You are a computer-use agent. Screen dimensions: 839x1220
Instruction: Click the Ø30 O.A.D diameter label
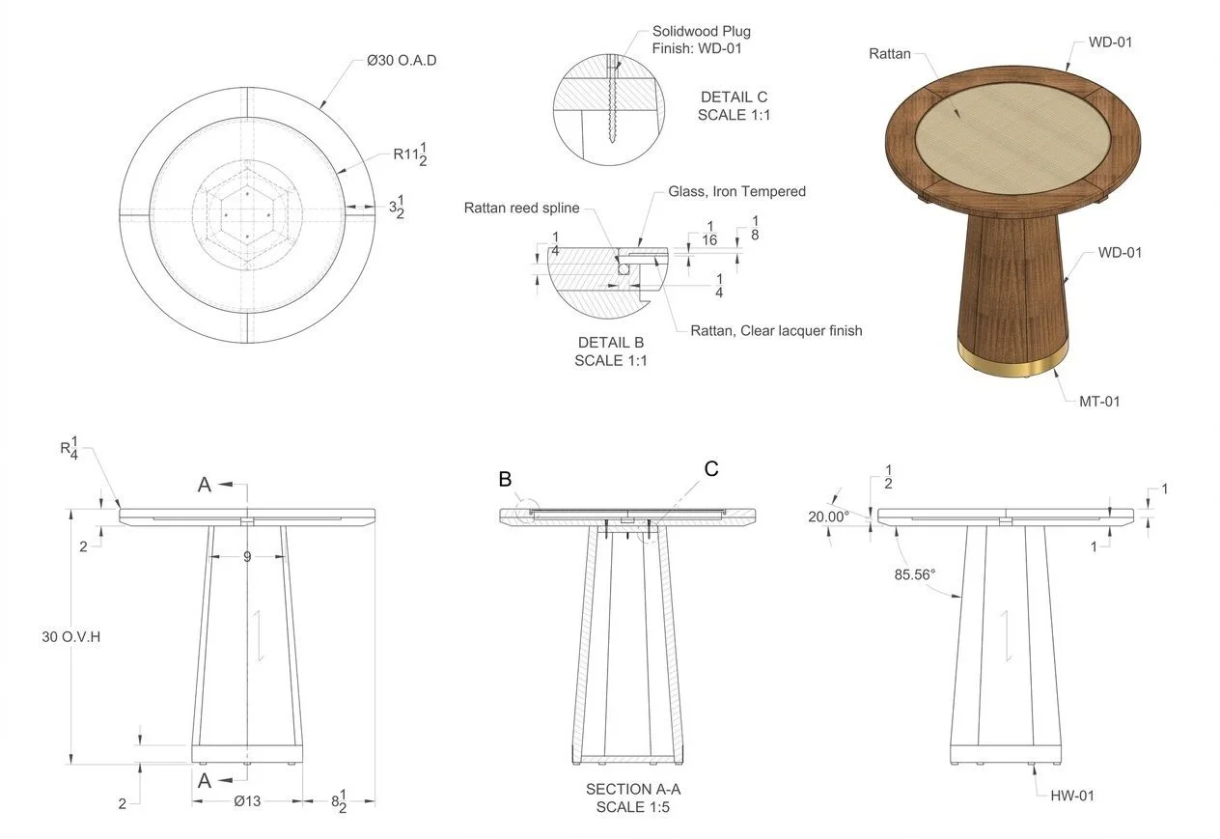tap(402, 61)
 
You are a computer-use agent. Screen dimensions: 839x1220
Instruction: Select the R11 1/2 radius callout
tap(414, 154)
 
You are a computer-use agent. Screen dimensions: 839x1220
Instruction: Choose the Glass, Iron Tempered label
tap(736, 192)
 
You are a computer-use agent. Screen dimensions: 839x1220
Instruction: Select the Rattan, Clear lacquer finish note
tap(776, 330)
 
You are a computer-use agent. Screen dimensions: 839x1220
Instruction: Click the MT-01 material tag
tap(1098, 401)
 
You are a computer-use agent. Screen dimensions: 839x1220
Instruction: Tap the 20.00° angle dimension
tap(828, 517)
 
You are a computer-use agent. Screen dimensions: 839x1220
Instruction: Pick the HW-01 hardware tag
tap(1072, 796)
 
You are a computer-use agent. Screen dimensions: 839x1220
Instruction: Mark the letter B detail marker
tap(505, 479)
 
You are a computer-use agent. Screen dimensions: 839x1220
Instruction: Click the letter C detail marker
tap(711, 469)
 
